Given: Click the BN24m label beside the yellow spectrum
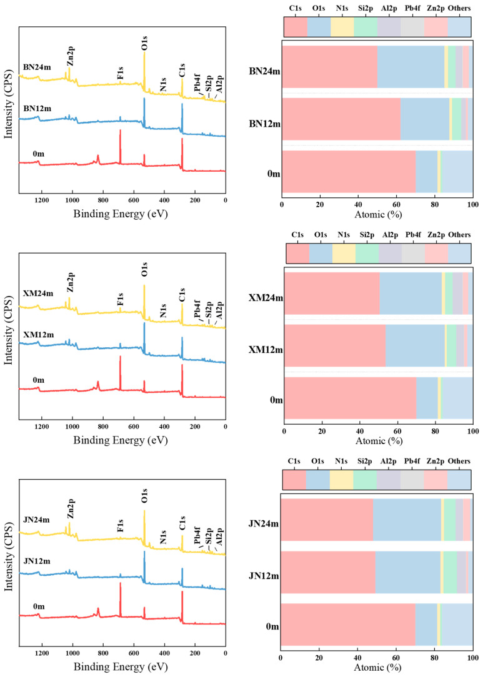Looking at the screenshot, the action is (37, 67).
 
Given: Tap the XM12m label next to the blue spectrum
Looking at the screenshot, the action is (39, 335).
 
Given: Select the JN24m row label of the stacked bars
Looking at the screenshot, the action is (264, 524).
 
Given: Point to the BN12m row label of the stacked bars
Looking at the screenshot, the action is (264, 124).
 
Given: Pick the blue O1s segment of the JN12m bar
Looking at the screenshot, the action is (407, 572).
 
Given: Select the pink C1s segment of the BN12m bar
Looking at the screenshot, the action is (341, 119).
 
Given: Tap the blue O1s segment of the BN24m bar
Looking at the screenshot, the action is (411, 66).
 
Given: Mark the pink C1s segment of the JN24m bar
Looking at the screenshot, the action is (327, 520).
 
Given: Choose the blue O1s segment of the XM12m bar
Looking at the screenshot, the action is (415, 345).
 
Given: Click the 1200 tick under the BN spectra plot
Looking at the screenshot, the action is (41, 200).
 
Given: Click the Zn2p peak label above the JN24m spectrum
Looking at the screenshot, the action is (71, 508).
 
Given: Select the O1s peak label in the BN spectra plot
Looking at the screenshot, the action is (144, 44).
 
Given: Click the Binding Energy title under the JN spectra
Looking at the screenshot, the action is (121, 666).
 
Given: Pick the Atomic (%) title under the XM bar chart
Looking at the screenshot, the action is (379, 440).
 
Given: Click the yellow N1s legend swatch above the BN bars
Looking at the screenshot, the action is (342, 27).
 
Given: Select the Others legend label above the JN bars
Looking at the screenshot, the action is (459, 461).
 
